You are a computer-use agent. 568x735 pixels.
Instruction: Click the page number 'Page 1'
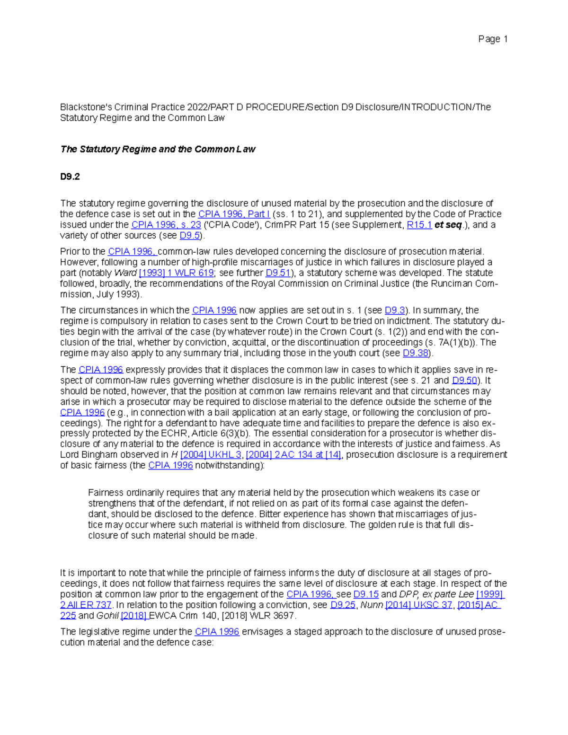pos(493,39)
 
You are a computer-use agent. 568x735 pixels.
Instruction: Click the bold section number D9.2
pos(70,177)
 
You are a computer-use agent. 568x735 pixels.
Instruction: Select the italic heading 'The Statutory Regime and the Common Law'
pos(158,150)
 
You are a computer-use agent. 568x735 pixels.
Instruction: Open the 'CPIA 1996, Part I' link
pos(234,214)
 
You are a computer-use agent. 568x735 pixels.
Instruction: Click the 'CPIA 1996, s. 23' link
pos(166,225)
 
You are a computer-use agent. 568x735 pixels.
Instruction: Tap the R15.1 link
pos(419,225)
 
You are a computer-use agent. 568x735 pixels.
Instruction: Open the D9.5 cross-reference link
pos(190,236)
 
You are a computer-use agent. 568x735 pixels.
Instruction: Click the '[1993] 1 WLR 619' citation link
pos(176,273)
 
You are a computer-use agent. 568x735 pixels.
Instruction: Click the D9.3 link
pos(395,310)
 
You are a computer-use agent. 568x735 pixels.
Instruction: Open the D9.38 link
pos(415,354)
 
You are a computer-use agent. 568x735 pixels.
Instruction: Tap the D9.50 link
pos(464,381)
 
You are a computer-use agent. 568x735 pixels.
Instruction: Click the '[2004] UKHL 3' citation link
pos(211,455)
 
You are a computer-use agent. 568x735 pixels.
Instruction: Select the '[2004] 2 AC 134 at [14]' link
pos(293,455)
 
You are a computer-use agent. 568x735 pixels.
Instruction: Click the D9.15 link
pos(366,594)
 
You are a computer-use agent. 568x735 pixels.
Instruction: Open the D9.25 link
pos(343,605)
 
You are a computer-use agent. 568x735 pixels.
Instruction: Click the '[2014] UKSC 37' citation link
pos(419,605)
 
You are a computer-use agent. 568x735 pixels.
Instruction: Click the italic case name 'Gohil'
pos(107,616)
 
